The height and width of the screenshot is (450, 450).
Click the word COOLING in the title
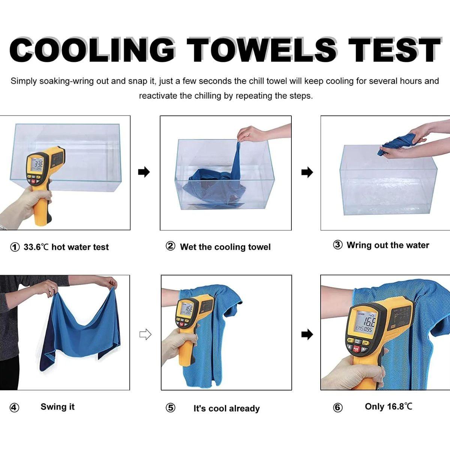pyautogui.click(x=92, y=50)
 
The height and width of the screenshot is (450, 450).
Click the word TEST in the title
pyautogui.click(x=394, y=50)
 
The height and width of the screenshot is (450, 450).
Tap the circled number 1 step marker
pyautogui.click(x=15, y=247)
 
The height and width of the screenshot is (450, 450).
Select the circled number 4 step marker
pyautogui.click(x=14, y=408)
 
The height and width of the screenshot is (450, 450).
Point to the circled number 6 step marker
pyautogui.click(x=337, y=408)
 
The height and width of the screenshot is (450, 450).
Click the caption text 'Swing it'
pyautogui.click(x=57, y=407)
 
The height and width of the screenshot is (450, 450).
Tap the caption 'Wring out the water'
pyautogui.click(x=388, y=245)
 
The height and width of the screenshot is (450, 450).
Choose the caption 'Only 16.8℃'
pyautogui.click(x=388, y=406)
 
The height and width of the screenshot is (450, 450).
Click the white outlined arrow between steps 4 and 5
pyautogui.click(x=145, y=334)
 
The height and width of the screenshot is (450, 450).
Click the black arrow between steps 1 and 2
pyautogui.click(x=144, y=172)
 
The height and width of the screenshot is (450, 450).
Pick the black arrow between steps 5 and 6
pyautogui.click(x=307, y=334)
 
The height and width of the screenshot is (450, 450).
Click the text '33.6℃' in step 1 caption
pyautogui.click(x=36, y=247)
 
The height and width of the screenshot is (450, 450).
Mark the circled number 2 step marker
pyautogui.click(x=170, y=246)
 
